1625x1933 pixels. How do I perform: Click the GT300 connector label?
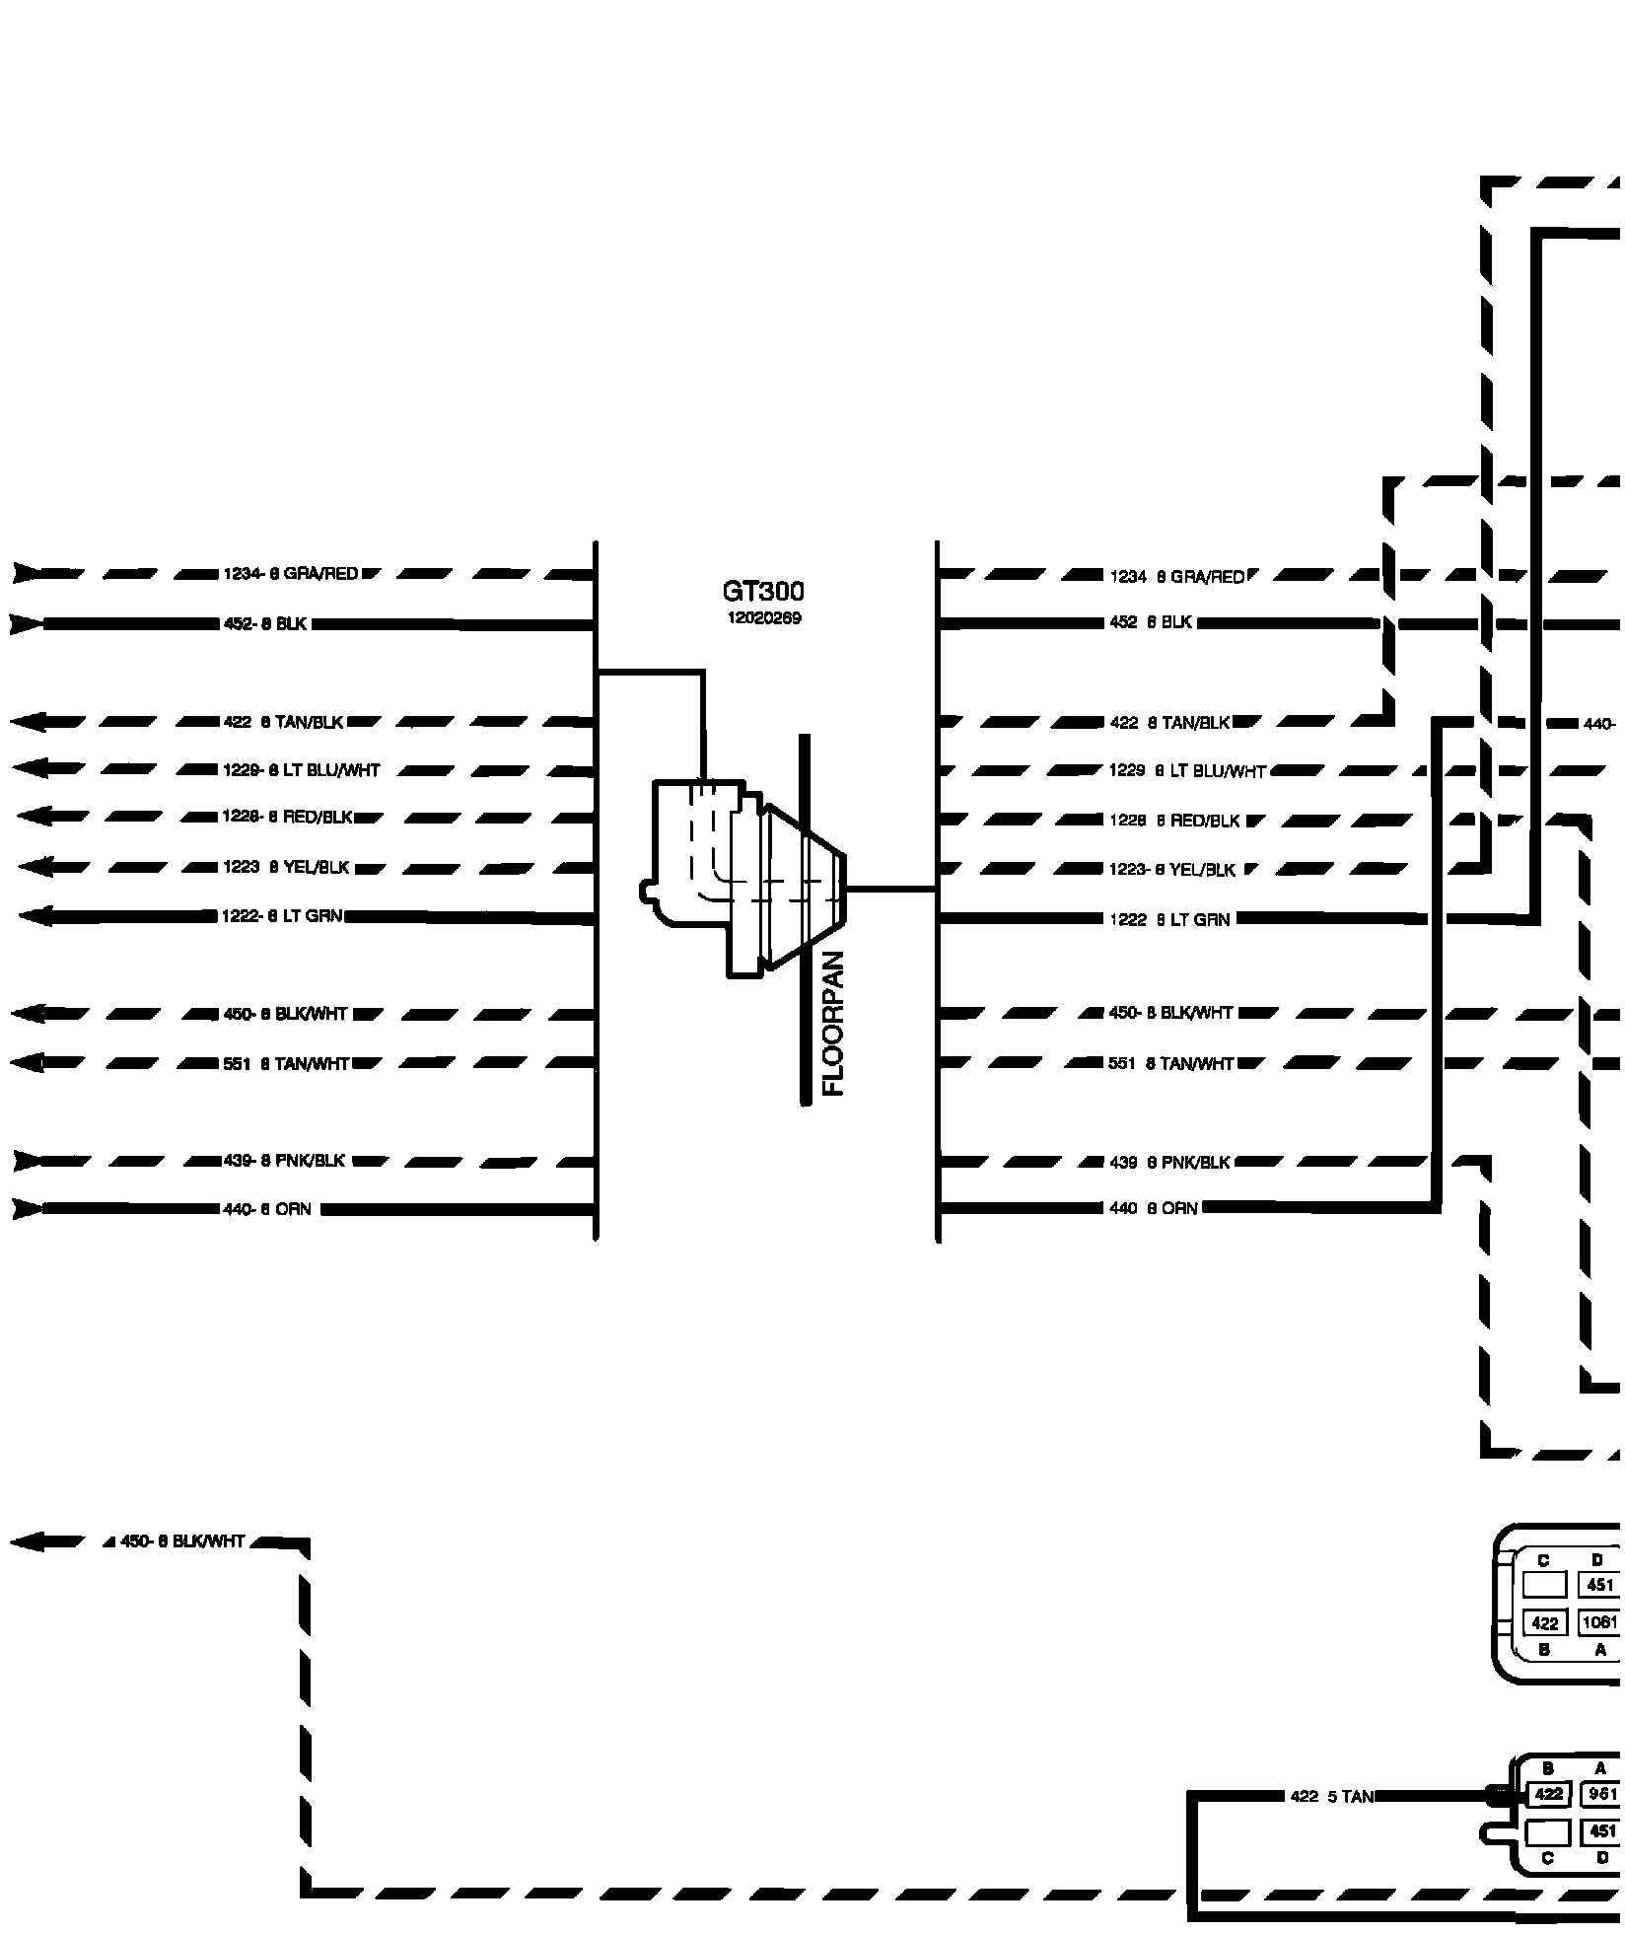[763, 592]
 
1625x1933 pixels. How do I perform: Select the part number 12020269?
[763, 618]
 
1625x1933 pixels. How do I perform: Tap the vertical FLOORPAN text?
[834, 1023]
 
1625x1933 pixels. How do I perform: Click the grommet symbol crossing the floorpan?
[749, 878]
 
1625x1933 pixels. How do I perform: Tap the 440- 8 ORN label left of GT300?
[267, 1209]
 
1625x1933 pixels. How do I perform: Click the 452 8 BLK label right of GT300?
[1151, 623]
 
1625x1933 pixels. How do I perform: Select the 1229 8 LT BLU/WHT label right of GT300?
[1187, 770]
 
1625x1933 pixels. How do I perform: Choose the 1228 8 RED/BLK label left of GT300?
[287, 818]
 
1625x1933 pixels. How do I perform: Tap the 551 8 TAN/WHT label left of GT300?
[287, 1063]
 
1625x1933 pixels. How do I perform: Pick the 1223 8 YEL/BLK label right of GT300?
[1172, 870]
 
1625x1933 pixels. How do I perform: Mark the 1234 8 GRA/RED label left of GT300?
[291, 574]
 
